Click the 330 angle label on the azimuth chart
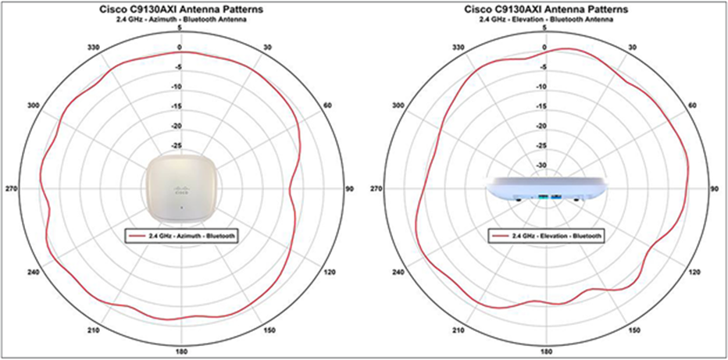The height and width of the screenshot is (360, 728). coord(93,47)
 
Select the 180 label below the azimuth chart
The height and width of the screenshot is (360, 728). coord(180,351)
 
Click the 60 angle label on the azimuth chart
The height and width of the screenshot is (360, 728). coord(327,105)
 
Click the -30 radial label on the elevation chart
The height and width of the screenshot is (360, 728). coord(541,166)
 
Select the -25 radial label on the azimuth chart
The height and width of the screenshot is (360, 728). coord(177,146)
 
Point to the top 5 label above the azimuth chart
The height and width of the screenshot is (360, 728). coord(180,28)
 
